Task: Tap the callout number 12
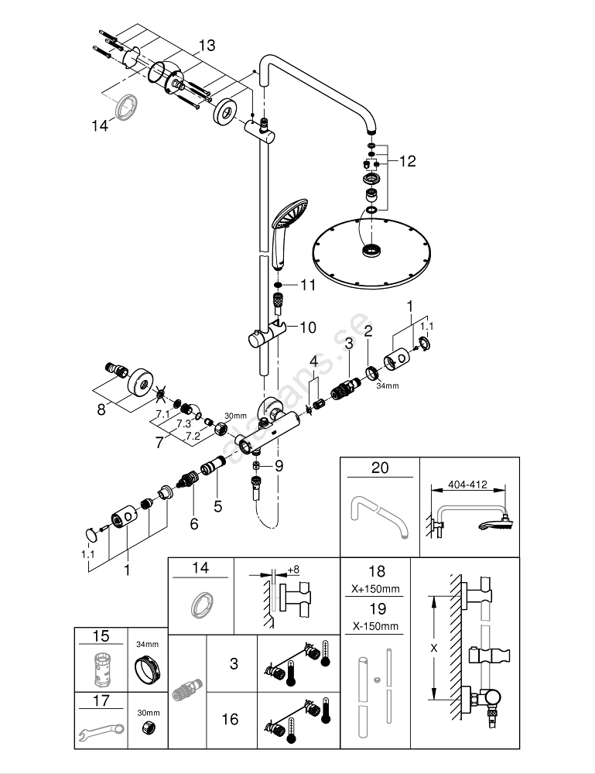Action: (407, 161)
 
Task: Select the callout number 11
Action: (309, 286)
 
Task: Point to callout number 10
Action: (308, 327)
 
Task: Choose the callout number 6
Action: (193, 524)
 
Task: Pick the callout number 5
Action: (217, 507)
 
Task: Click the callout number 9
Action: (279, 466)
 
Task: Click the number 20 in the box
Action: (380, 468)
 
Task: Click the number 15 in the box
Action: (101, 636)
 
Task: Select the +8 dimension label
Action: (293, 570)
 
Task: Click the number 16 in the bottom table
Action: (230, 720)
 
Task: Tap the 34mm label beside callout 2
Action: (388, 385)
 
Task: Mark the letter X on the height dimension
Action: (433, 646)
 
